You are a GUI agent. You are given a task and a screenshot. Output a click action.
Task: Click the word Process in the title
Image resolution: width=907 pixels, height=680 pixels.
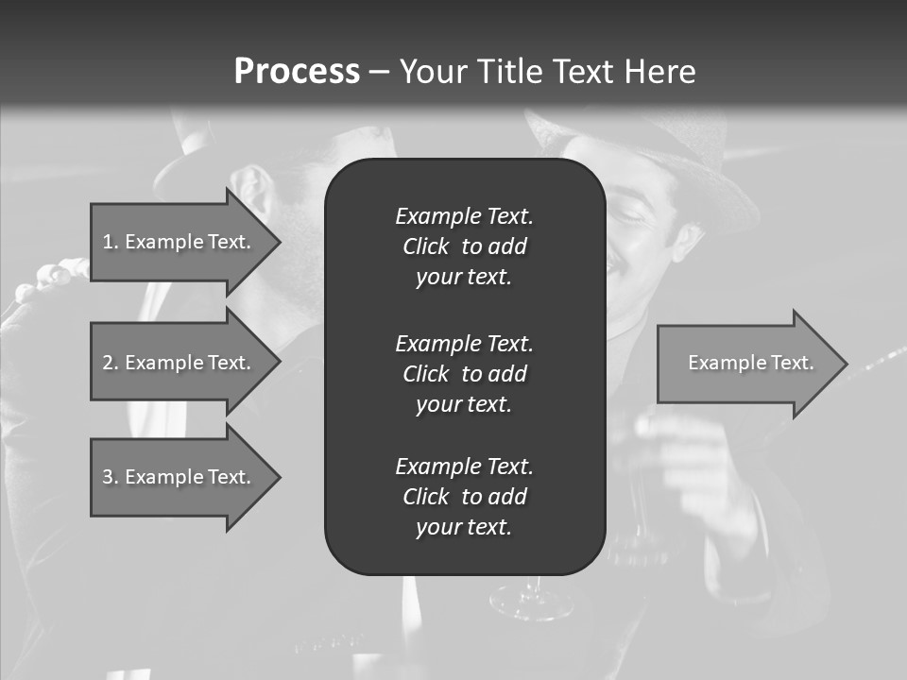pos(297,72)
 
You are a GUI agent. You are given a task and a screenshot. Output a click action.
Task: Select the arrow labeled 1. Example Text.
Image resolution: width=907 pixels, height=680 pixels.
pos(180,242)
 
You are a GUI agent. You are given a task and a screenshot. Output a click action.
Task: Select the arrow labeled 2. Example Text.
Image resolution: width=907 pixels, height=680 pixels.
pos(180,363)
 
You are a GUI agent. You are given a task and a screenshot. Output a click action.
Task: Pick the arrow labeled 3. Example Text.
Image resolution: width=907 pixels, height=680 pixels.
pos(180,477)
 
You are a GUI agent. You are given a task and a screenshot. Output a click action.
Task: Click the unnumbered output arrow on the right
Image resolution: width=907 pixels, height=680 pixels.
pos(746,363)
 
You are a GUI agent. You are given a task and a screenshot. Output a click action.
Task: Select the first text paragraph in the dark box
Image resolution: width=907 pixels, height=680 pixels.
pos(464,246)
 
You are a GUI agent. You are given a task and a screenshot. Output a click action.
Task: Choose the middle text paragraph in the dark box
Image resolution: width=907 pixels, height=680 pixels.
pos(464,373)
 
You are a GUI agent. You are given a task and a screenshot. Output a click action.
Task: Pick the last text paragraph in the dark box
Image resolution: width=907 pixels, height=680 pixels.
pos(464,497)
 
